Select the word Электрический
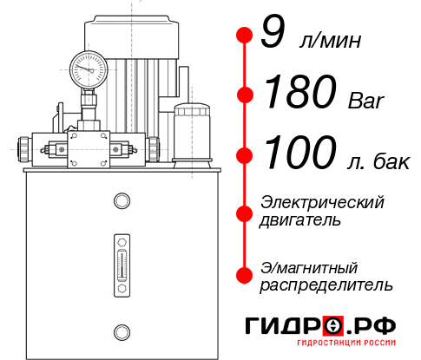click(x=322, y=202)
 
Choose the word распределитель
click(x=326, y=285)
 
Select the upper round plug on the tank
click(x=122, y=202)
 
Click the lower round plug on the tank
click(x=122, y=330)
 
